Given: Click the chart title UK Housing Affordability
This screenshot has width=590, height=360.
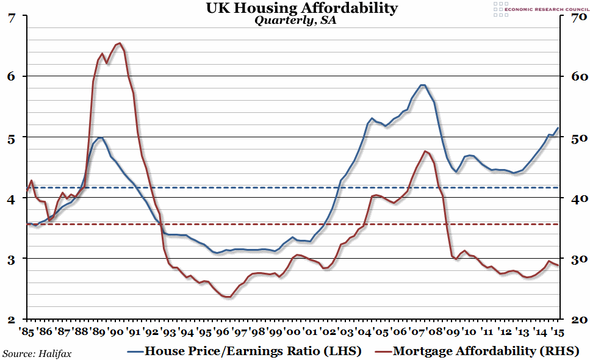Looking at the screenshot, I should [294, 8].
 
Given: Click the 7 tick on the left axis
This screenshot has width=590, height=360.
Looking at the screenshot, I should [12, 17].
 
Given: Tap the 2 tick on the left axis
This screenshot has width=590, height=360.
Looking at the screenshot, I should [12, 319].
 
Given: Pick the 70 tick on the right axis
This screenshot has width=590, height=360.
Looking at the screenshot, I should [575, 17].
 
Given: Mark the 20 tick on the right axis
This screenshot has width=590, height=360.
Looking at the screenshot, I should [575, 319].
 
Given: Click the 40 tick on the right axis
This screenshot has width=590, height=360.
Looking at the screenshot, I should [575, 198].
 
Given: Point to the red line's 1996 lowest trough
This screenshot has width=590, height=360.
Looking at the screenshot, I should [228, 297].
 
